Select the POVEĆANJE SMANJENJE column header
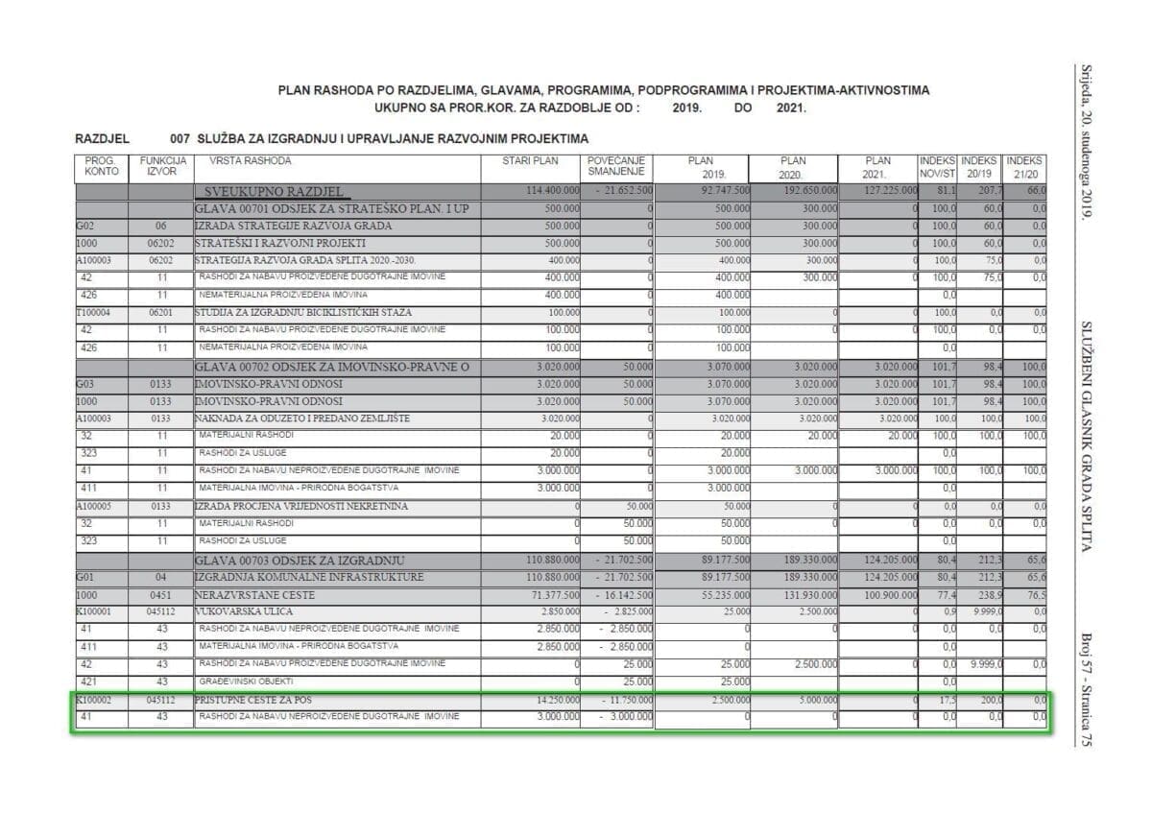point(616,167)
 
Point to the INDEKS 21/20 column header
point(1024,167)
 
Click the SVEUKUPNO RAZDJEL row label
point(274,192)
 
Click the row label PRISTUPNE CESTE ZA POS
point(253,701)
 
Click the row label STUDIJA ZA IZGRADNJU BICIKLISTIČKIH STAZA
point(303,312)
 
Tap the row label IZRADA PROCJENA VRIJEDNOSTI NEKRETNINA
point(300,506)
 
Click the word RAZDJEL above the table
point(102,139)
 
